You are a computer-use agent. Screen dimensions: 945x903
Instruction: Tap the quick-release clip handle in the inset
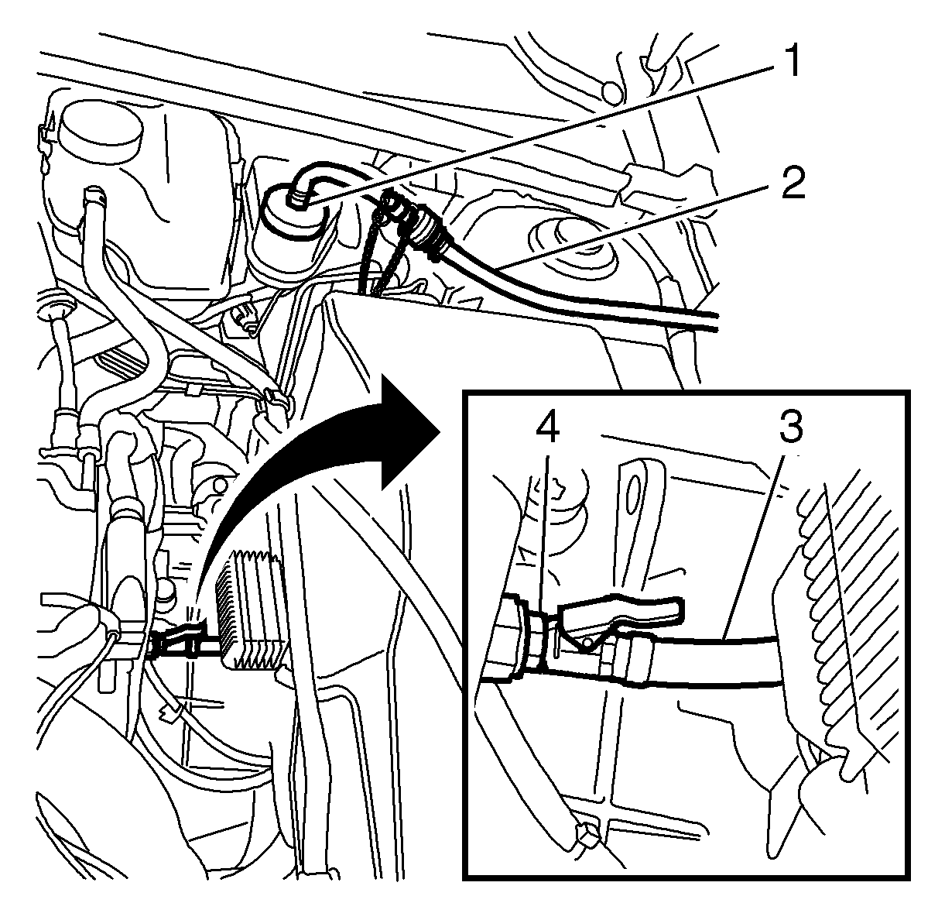point(621,614)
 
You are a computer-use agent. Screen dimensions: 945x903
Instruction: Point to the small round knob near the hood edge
point(612,92)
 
